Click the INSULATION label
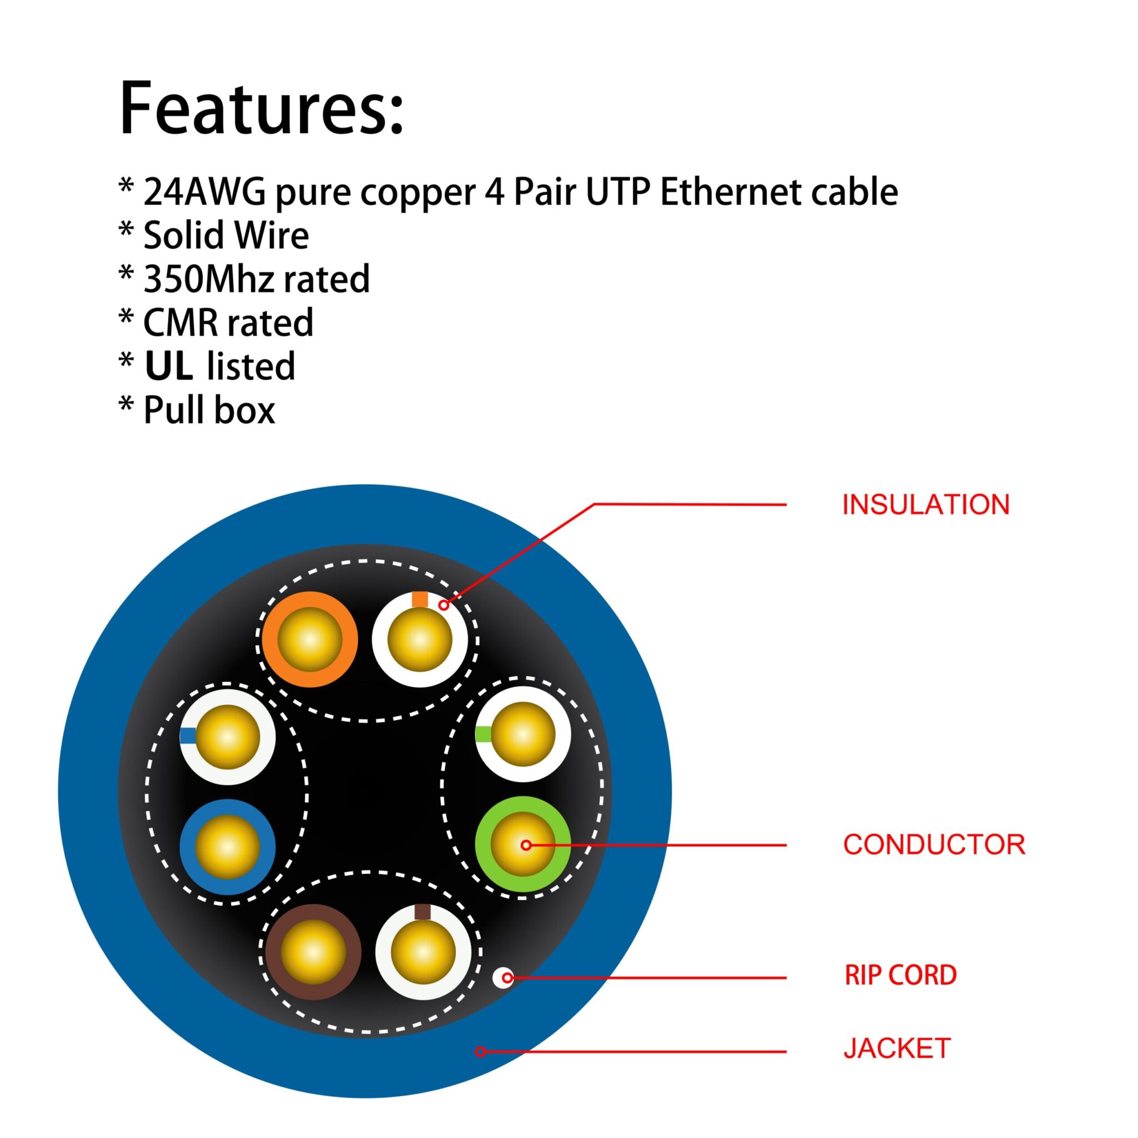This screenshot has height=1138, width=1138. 925,505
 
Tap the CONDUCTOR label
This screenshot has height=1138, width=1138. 934,845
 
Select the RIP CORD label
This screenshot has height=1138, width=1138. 900,975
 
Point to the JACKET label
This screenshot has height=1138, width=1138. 897,1049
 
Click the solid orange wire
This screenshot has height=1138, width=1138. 310,639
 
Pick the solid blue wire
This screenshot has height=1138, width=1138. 227,847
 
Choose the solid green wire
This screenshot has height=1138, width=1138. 522,845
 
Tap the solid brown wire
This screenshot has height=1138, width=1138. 313,952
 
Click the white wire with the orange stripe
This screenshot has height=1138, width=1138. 420,639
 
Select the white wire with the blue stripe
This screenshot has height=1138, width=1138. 227,737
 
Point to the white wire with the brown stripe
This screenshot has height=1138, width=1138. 423,952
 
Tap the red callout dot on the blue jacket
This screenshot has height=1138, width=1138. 481,1051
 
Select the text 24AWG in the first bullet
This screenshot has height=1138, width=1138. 204,192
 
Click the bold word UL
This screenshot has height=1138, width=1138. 169,366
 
